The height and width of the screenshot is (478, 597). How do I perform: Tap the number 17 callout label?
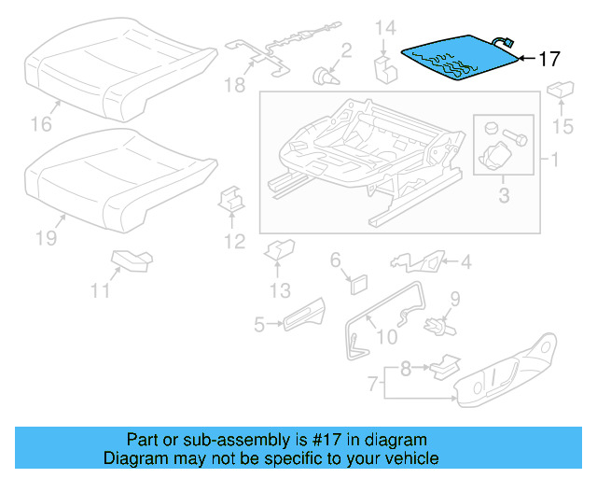tap(548, 59)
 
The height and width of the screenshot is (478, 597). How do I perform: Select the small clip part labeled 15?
tap(560, 91)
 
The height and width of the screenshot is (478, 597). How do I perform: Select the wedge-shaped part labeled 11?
tap(130, 259)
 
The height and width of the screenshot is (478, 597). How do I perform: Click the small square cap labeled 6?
tap(357, 282)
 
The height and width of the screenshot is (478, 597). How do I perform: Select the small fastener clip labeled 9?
tap(436, 326)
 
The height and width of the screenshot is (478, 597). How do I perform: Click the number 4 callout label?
tap(464, 260)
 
